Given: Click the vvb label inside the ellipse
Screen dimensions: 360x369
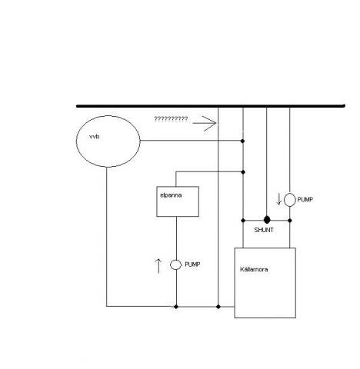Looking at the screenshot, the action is pyautogui.click(x=95, y=137).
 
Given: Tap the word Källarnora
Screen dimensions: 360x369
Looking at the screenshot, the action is pyautogui.click(x=254, y=269).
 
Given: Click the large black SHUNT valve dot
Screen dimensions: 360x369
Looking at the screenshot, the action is pyautogui.click(x=267, y=220).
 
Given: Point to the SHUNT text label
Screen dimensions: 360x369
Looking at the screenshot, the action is pyautogui.click(x=264, y=230).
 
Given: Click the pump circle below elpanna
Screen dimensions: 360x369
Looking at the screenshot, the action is pyautogui.click(x=176, y=264).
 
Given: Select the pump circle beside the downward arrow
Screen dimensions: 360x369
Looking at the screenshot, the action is pyautogui.click(x=290, y=200).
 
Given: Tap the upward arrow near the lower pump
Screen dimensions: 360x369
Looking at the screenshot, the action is pyautogui.click(x=158, y=266).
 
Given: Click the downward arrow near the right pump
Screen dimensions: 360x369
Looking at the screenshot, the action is pyautogui.click(x=279, y=199).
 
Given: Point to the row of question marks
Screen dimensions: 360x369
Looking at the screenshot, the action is pyautogui.click(x=171, y=119).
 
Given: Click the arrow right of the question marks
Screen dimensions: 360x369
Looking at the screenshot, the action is pyautogui.click(x=205, y=123).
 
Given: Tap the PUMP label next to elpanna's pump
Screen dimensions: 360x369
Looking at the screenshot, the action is pyautogui.click(x=192, y=264).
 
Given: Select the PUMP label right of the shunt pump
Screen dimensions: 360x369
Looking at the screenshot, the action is pyautogui.click(x=305, y=200).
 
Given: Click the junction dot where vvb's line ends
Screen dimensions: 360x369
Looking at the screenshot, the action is pyautogui.click(x=243, y=141).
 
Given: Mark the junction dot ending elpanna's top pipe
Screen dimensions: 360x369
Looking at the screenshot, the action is pyautogui.click(x=243, y=172).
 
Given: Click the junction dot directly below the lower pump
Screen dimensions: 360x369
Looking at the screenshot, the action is pyautogui.click(x=176, y=307).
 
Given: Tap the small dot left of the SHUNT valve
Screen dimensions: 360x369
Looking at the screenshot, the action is pyautogui.click(x=243, y=221).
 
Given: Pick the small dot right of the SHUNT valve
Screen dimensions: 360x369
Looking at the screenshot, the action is pyautogui.click(x=290, y=221).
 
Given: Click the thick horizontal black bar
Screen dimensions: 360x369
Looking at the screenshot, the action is pyautogui.click(x=211, y=106).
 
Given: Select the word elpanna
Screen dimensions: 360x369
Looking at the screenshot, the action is pyautogui.click(x=171, y=195).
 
